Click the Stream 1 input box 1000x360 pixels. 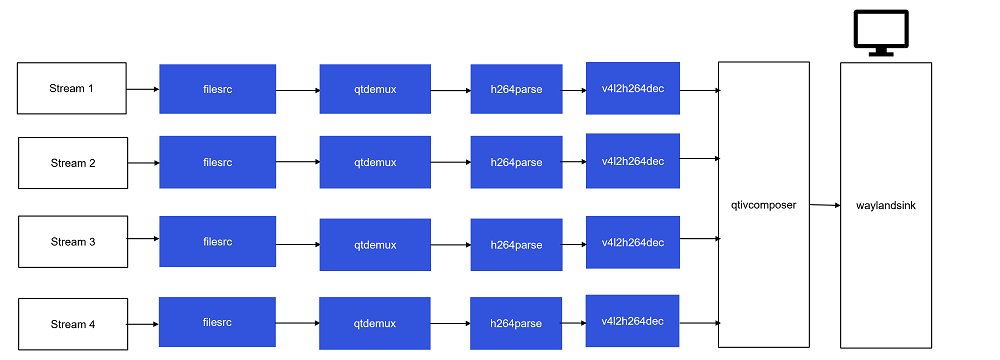72,88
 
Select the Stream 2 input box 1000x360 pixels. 72,163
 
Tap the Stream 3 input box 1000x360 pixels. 72,241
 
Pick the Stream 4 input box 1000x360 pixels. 72,323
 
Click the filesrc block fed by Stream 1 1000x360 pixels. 218,89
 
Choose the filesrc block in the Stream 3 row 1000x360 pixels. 218,241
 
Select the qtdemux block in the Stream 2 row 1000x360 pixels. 375,163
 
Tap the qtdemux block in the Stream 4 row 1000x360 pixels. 375,323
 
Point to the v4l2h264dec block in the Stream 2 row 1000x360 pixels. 633,159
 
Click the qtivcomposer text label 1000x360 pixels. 762,203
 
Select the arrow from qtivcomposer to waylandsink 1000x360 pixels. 823,205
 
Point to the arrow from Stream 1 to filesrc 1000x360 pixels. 143,89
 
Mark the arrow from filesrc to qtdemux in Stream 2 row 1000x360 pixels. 298,161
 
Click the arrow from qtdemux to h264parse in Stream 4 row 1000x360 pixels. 450,323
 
